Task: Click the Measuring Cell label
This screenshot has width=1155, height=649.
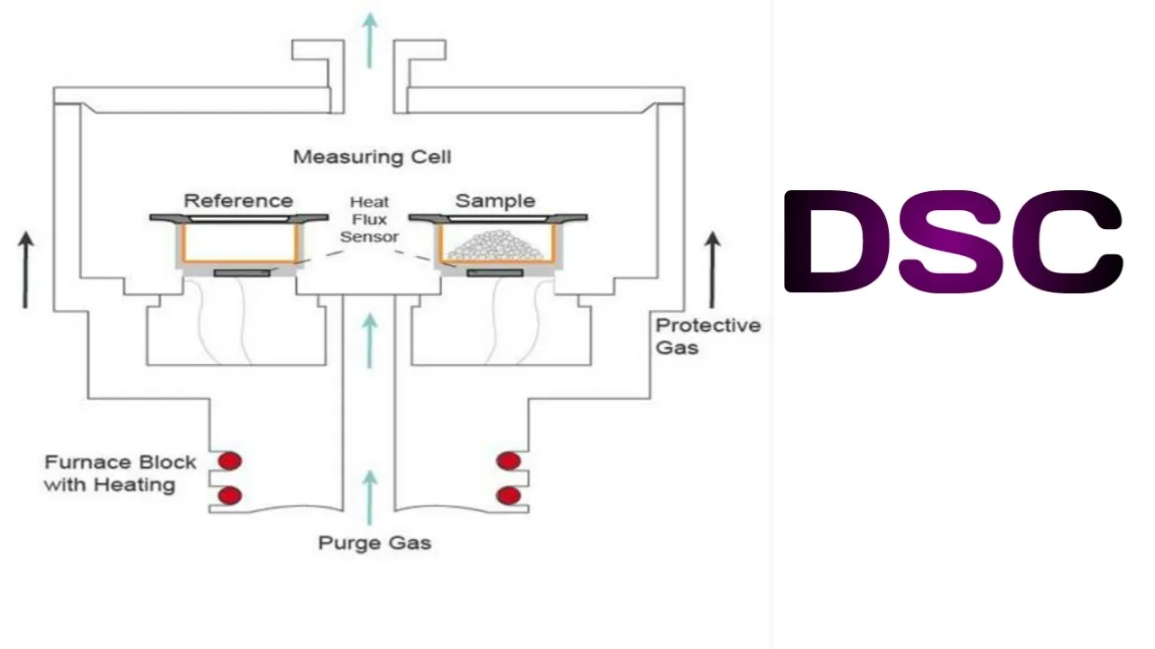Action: click(372, 157)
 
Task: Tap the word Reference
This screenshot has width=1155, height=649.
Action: click(238, 200)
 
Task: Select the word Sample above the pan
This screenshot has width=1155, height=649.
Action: click(494, 200)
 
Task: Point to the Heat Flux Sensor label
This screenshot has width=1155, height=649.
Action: click(370, 220)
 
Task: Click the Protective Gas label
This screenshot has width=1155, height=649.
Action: click(707, 335)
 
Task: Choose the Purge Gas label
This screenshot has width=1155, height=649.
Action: click(374, 543)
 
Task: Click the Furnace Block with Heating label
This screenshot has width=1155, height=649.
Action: click(120, 473)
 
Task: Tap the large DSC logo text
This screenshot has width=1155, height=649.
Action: click(953, 242)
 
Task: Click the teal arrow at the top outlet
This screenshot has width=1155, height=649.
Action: click(368, 41)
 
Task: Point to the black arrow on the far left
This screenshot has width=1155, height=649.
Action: click(27, 270)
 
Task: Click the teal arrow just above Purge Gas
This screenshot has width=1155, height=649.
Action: click(368, 496)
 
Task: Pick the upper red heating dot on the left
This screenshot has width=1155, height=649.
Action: click(230, 462)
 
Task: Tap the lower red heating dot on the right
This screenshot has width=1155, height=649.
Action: click(509, 495)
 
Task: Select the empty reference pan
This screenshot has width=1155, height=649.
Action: click(239, 242)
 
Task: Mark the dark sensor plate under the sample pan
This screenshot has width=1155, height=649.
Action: click(497, 272)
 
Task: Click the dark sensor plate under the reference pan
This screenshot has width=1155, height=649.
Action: click(240, 272)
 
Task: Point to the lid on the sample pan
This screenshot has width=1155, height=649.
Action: click(498, 217)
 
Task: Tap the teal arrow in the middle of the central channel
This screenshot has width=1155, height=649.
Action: click(368, 334)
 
